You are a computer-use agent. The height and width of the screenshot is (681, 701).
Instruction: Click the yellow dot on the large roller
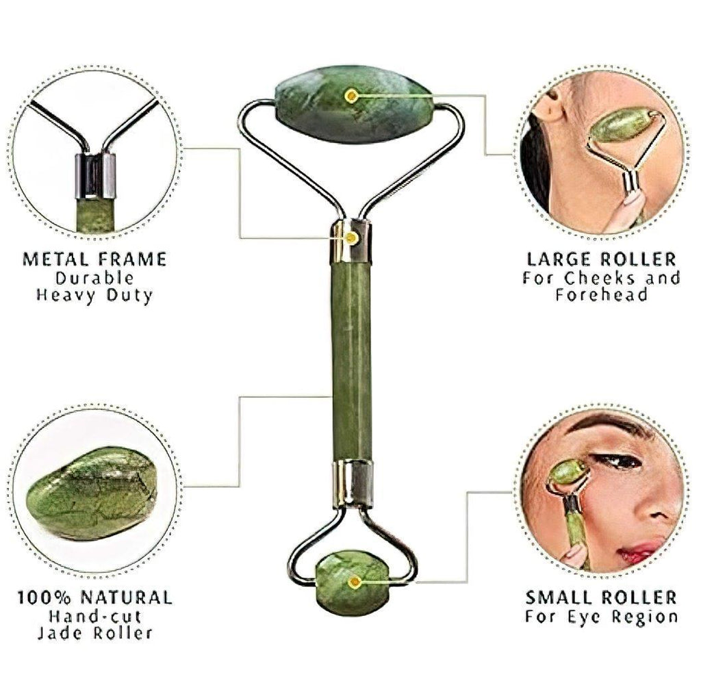351,96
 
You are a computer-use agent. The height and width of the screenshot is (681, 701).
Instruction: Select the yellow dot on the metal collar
351,237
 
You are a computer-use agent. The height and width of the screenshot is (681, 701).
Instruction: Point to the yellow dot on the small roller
354,582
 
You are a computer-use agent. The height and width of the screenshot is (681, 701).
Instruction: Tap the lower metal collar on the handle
353,483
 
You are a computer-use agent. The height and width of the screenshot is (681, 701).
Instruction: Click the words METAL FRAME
94,259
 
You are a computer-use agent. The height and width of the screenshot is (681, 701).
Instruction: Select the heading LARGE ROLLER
601,259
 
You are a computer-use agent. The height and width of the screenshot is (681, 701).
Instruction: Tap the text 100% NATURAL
94,598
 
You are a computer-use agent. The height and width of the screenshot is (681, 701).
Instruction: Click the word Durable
94,278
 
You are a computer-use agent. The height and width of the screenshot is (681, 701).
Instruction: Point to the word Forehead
601,296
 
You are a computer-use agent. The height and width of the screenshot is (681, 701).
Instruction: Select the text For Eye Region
601,616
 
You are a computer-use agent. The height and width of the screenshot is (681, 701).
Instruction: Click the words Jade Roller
94,633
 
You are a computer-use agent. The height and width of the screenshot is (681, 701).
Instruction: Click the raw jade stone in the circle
92,492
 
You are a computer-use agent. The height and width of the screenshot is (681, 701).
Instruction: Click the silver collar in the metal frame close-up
95,175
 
